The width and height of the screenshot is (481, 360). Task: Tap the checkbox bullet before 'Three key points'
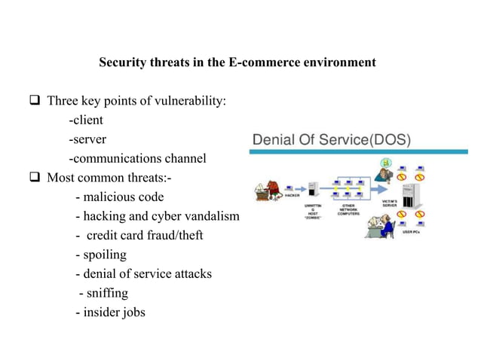(35, 100)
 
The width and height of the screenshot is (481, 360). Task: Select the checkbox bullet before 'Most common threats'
(35, 178)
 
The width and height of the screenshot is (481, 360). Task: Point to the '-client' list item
(86, 120)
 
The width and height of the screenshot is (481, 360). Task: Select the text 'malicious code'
(124, 197)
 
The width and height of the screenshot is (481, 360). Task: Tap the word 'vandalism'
(212, 217)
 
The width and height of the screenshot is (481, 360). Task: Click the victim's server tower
(410, 194)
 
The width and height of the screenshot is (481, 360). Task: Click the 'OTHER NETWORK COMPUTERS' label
(348, 210)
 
